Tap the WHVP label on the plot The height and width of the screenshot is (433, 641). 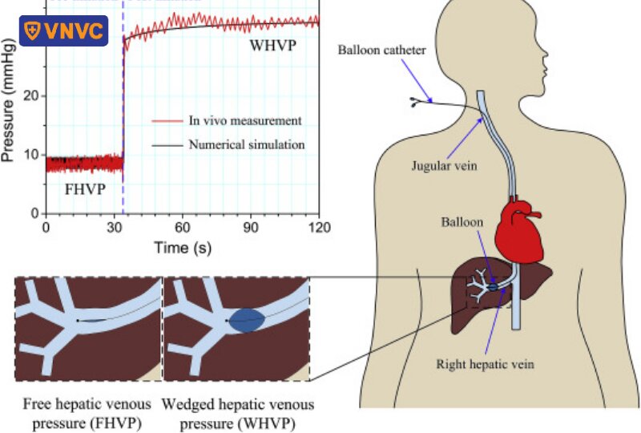(272, 46)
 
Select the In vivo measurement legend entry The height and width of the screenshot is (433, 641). (244, 121)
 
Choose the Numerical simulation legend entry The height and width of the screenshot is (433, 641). (246, 145)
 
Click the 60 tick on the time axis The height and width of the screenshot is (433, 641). (183, 226)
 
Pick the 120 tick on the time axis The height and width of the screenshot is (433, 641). (320, 226)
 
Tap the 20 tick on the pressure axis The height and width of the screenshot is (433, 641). (32, 96)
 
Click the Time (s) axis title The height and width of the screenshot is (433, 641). (183, 248)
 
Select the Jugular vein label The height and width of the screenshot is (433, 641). (443, 167)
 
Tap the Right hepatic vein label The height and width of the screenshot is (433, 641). (485, 364)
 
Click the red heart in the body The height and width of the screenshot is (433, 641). (518, 228)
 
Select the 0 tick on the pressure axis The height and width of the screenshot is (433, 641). (35, 213)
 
